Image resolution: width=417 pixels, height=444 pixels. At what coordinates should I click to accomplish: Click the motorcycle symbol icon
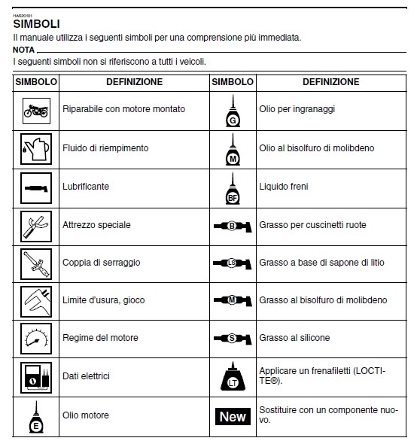(x=36, y=111)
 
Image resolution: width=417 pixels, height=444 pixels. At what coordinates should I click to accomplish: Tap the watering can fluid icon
(x=36, y=149)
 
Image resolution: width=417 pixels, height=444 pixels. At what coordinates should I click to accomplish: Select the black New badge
(x=233, y=416)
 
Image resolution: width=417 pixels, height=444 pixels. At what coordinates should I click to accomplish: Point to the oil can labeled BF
(x=233, y=188)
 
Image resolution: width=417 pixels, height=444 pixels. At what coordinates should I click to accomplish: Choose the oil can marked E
(x=36, y=417)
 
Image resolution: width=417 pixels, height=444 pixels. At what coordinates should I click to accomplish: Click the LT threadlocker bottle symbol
(x=233, y=376)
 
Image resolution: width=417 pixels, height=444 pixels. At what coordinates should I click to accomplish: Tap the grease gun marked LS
(x=233, y=263)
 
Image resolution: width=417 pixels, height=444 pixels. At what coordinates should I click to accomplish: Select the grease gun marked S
(x=233, y=339)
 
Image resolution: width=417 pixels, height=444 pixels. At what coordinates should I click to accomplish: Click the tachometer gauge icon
(x=36, y=339)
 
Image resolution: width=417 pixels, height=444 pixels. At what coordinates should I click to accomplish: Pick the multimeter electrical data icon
(x=36, y=378)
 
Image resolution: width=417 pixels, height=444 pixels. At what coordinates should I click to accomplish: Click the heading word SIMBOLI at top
(x=37, y=24)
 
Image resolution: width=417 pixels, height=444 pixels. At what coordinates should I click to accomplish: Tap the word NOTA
(x=24, y=50)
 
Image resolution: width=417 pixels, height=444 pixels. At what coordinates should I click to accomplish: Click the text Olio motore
(x=86, y=415)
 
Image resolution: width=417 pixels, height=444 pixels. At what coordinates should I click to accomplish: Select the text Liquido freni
(x=284, y=187)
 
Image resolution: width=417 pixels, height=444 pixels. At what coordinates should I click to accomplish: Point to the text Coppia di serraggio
(x=101, y=263)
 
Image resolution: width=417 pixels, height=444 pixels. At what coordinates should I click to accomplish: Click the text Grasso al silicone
(x=294, y=338)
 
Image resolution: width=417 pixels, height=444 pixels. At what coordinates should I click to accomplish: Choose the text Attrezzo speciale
(x=96, y=225)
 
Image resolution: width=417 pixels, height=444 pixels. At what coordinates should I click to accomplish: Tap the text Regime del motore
(x=100, y=338)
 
